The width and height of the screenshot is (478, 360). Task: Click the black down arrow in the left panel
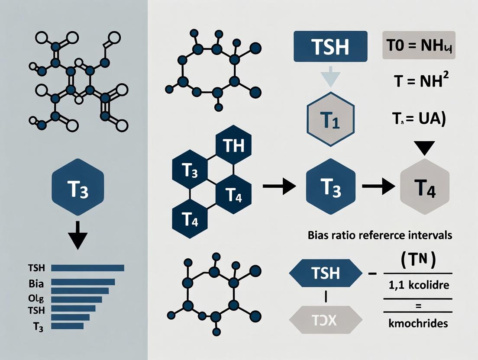tap(78, 235)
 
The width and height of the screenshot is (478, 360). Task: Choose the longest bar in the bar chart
tap(87, 268)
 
